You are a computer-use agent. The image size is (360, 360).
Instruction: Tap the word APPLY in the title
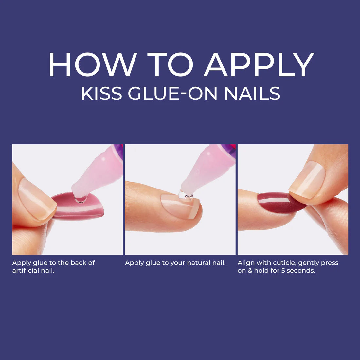click(259, 64)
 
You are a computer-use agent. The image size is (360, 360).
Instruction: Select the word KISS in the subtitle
click(101, 93)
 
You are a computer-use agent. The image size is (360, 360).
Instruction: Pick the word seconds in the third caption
click(301, 271)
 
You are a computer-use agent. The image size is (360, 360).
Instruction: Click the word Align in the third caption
click(246, 263)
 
